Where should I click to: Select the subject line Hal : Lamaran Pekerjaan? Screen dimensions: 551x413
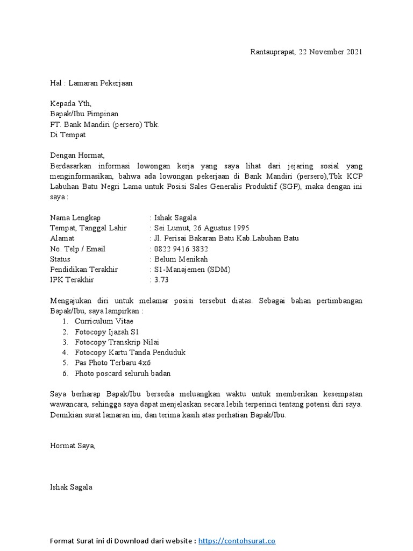coord(91,83)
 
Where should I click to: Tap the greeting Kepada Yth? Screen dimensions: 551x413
coord(71,104)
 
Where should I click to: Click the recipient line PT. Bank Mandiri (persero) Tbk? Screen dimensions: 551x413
coord(104,124)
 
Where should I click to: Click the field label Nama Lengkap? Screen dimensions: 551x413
coord(75,217)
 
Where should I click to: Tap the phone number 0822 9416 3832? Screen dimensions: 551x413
coord(181,249)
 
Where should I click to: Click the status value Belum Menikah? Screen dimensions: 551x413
coord(181,259)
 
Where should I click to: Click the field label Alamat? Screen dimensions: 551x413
coord(62,238)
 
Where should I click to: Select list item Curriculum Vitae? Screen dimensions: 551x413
coord(104,321)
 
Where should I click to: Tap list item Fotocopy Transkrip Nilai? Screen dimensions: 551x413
coord(117,342)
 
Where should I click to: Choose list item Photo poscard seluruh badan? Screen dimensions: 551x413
coord(123,373)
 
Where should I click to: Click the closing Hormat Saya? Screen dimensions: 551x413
coord(72,446)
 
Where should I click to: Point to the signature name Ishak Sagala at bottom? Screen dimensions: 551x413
coord(71,487)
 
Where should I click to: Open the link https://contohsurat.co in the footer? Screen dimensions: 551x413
coord(237,541)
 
